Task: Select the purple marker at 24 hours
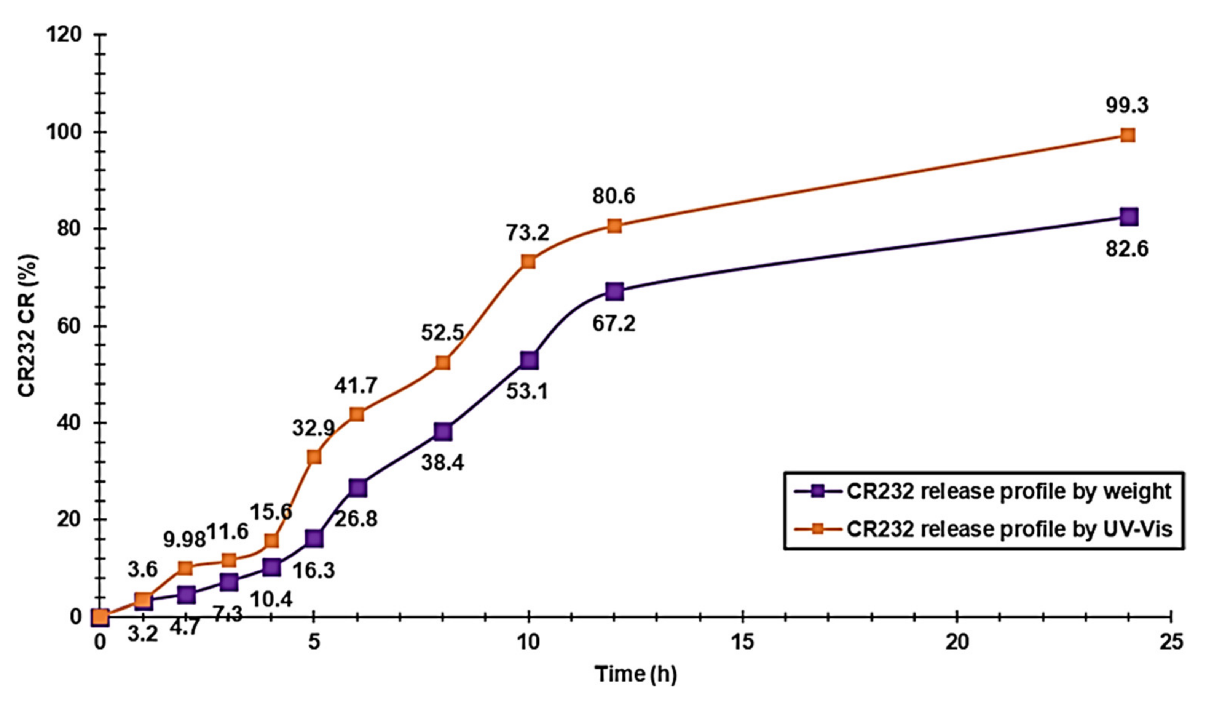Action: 1128,217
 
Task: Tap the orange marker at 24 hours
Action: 1128,136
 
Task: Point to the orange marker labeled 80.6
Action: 614,226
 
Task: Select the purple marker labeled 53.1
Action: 529,360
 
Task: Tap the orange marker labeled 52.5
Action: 443,363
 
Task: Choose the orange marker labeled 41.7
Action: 357,414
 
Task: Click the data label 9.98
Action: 184,540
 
